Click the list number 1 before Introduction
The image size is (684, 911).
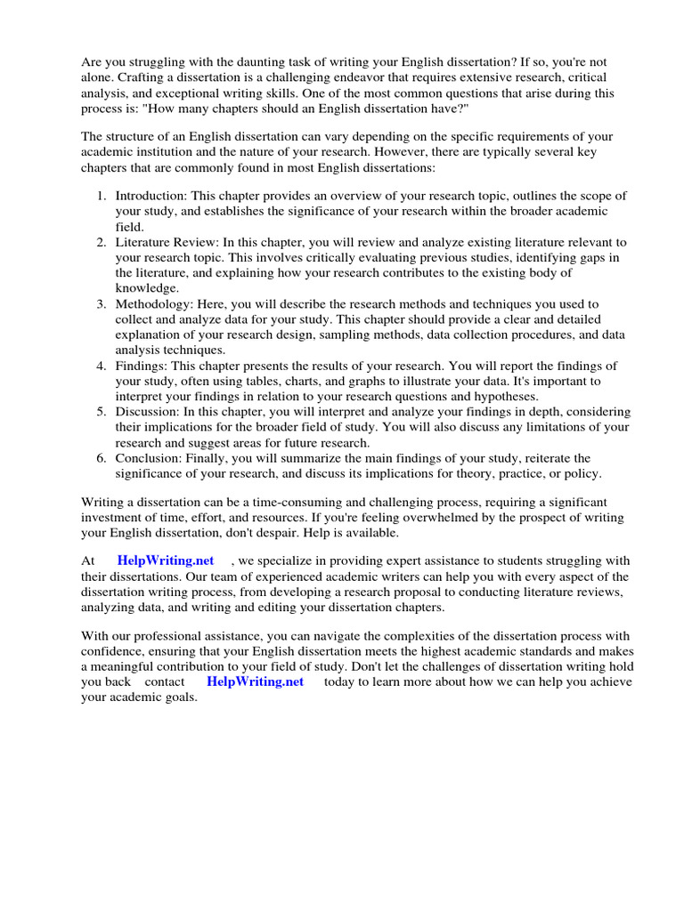[x=102, y=195]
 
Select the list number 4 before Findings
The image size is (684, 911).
[x=102, y=366]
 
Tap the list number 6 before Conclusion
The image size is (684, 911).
[x=102, y=458]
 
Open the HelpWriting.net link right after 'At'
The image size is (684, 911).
[x=166, y=560]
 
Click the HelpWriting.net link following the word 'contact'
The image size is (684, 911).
[x=255, y=681]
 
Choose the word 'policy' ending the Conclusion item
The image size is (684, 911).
[x=582, y=473]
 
